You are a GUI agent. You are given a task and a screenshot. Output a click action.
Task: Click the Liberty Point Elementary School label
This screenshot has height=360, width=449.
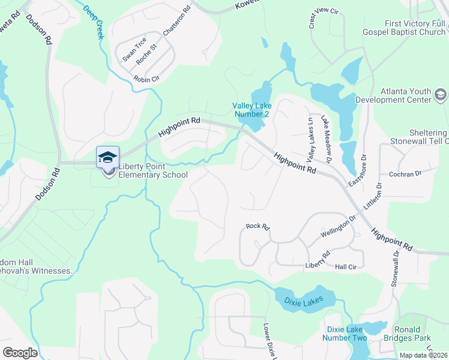pos(153,171)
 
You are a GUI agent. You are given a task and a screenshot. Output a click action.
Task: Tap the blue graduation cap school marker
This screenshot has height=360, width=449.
pos(108,157)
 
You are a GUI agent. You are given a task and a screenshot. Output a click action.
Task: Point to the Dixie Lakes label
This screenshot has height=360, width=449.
pos(304,299)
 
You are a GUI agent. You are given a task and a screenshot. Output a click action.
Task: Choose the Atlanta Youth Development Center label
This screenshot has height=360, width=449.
pos(393,95)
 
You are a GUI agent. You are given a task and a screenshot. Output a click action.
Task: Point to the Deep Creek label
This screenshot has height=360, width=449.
pos(94,23)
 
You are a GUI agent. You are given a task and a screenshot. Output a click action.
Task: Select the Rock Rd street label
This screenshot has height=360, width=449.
pos(258,227)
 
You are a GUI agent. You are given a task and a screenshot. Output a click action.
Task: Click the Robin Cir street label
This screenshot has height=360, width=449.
pos(146,79)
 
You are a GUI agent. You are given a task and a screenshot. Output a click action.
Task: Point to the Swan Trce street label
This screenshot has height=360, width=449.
pos(134,49)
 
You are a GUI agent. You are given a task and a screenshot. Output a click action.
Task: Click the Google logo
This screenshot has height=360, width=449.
pos(20,352)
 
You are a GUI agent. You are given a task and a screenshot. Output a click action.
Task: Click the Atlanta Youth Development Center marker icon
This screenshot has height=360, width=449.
pos(441,95)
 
